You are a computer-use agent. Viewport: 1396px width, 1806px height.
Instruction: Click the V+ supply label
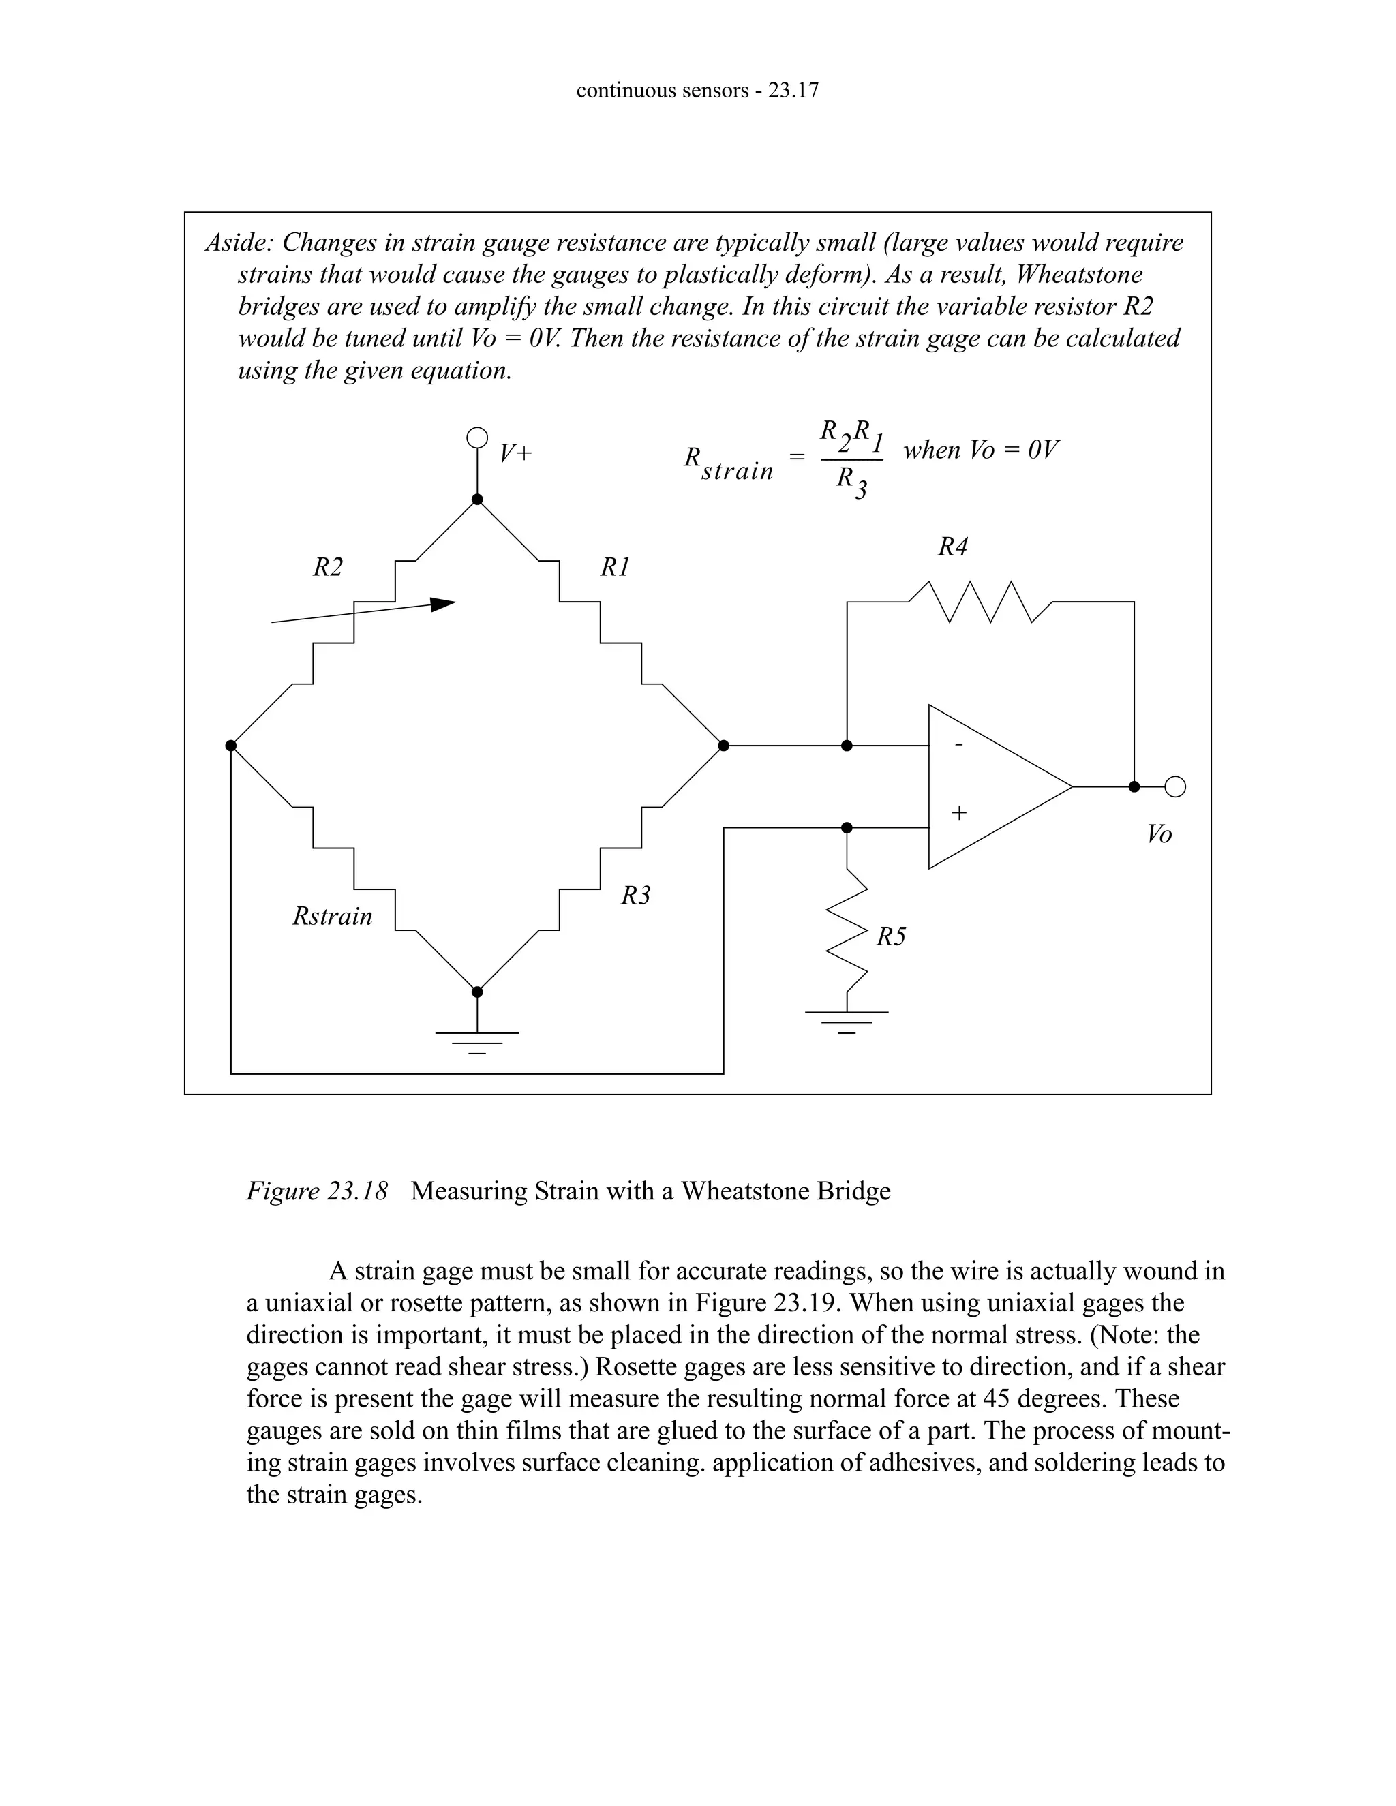[x=515, y=453]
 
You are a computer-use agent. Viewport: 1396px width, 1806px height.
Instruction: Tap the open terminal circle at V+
[x=476, y=438]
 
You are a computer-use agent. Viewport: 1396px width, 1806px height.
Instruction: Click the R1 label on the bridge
[x=614, y=567]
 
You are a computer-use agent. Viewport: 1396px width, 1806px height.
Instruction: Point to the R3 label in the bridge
[x=636, y=896]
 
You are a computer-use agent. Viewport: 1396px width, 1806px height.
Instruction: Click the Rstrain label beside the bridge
[x=333, y=916]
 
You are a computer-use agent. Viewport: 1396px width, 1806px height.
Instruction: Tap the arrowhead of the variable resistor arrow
[x=444, y=604]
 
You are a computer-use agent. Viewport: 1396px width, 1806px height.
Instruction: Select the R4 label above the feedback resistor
[x=953, y=547]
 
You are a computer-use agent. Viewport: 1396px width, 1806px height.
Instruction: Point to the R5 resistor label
[x=891, y=937]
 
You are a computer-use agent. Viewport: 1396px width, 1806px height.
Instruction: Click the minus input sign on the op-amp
[x=958, y=745]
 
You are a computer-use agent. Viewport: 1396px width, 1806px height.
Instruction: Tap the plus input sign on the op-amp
[x=958, y=813]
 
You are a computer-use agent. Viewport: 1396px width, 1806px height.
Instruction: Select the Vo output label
[x=1159, y=834]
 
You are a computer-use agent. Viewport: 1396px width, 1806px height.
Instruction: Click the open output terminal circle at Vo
[x=1175, y=786]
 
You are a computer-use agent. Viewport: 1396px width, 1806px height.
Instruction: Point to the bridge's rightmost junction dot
[x=724, y=746]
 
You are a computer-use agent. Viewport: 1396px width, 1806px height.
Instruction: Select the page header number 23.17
[x=792, y=90]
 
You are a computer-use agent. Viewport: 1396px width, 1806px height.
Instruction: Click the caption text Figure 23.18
[x=317, y=1191]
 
